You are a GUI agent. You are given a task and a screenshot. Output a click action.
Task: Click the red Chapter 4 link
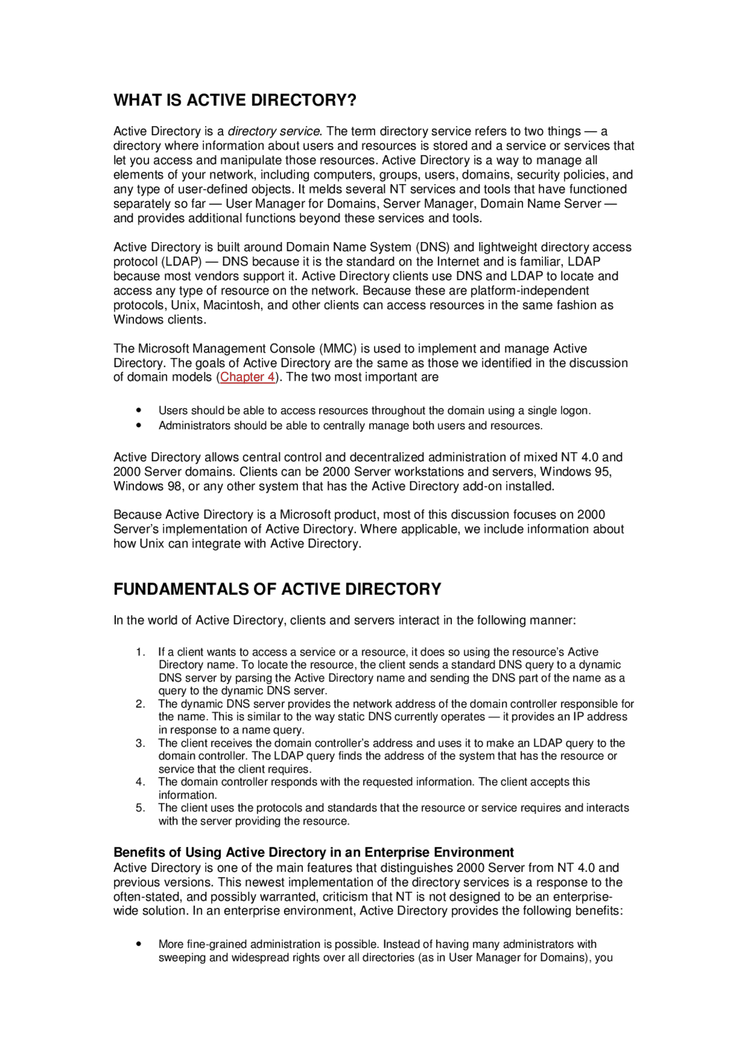click(x=247, y=377)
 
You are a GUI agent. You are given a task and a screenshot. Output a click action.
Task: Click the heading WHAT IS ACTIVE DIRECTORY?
click(x=235, y=100)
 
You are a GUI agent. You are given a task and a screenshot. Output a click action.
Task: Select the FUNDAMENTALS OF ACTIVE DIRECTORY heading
click(x=277, y=589)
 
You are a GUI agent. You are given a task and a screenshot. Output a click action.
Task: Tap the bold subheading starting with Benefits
click(x=313, y=852)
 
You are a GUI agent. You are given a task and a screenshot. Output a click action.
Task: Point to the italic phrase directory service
click(x=273, y=131)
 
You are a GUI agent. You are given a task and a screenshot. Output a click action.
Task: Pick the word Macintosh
click(x=232, y=305)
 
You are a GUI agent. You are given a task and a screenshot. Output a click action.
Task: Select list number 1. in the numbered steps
click(x=140, y=652)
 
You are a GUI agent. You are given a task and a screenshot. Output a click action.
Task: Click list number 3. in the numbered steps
click(x=140, y=743)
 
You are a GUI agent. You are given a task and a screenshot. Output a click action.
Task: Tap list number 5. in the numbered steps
click(x=140, y=808)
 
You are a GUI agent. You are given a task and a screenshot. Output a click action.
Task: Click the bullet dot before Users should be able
click(x=138, y=411)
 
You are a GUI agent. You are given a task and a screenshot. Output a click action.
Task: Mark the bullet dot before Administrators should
click(x=138, y=426)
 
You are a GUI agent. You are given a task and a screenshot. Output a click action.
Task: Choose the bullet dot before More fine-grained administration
click(x=138, y=944)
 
